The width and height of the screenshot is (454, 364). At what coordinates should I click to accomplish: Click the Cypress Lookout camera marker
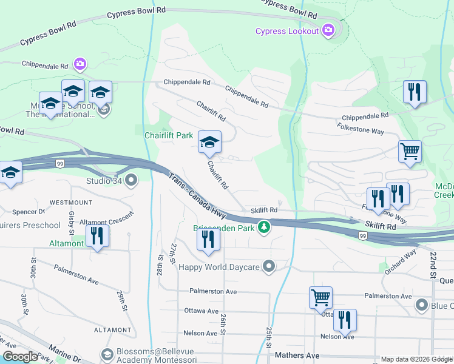tap(329, 30)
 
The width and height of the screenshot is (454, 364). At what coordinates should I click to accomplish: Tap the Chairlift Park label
tap(168, 135)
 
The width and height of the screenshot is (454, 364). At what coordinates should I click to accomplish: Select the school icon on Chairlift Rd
tap(210, 143)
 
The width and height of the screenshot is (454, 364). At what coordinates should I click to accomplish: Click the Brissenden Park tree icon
tap(264, 228)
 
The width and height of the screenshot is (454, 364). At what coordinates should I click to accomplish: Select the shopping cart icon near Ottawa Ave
tap(320, 297)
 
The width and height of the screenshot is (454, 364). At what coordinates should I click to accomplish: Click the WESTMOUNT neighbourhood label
tap(71, 202)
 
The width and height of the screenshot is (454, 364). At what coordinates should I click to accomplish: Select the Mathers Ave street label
tap(297, 355)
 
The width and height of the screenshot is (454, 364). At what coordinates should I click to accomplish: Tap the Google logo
tap(20, 357)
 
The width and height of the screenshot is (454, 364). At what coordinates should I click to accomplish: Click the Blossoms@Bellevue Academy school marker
tap(107, 354)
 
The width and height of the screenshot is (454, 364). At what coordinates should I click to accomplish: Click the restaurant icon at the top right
tap(415, 92)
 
